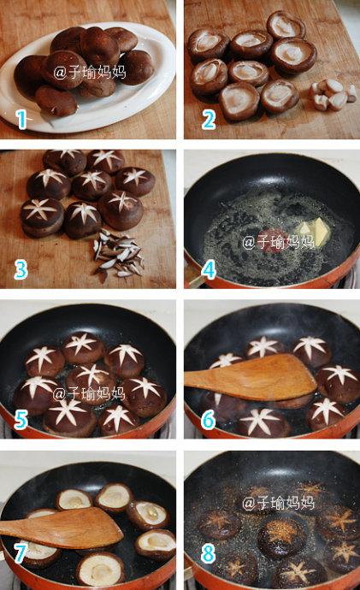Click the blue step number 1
(x=22, y=119)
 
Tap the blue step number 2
(x=209, y=119)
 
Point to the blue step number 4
(x=209, y=269)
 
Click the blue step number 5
(x=21, y=419)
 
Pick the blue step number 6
(x=209, y=419)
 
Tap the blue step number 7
(x=21, y=552)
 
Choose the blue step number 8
(x=209, y=552)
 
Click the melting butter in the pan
(x=315, y=230)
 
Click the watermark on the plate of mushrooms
(x=90, y=72)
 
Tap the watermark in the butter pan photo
(x=278, y=241)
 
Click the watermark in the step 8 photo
(x=278, y=502)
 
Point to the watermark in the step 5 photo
(x=89, y=393)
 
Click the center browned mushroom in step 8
(x=280, y=537)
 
